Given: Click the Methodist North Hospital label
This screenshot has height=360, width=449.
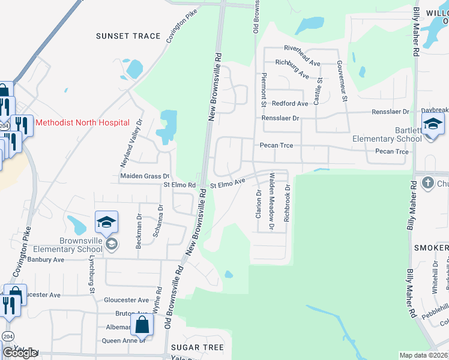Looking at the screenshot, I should pos(82,122).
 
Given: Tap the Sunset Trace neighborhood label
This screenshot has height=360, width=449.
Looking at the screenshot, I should pos(128,36).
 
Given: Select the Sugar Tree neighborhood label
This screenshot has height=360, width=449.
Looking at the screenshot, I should pos(197,347).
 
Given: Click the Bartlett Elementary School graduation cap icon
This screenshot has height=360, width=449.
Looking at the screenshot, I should pos(433,125).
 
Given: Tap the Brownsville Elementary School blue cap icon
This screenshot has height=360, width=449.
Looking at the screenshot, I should pos(106,223).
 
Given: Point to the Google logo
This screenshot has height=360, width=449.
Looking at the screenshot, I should pos(19,353).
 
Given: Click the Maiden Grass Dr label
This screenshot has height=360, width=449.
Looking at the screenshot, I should pos(141,176).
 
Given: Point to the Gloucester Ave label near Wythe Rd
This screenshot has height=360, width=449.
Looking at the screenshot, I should pos(126,300).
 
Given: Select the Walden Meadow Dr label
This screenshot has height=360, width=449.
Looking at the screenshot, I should pos(272,201).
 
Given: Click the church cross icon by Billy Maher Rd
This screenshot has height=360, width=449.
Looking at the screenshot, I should pos(427,181).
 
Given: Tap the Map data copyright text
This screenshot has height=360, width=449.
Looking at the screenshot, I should pos(423,355).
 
